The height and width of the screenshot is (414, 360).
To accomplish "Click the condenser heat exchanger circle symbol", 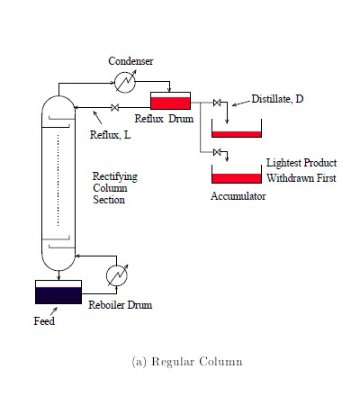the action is point(125,82).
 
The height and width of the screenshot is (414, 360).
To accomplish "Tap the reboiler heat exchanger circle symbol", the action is point(117,275).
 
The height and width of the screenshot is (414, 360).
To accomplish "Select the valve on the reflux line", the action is point(114,107).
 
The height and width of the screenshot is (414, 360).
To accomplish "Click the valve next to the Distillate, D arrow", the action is point(217,103).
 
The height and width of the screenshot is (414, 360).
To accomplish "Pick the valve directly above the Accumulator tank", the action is point(217,152).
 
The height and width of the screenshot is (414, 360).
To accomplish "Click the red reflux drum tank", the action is point(170,101).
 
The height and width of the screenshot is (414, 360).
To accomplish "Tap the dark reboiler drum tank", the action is point(58,292).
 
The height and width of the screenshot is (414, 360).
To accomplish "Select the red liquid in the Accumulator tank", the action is point(237,178).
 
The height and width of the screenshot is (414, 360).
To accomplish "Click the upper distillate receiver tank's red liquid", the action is point(237,134).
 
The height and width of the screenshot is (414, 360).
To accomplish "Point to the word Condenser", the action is point(130,61).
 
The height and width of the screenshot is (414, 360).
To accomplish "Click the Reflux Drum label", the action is point(164,119).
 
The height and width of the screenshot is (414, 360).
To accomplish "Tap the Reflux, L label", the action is point(110,135).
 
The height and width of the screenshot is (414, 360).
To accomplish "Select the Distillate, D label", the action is point(277,99).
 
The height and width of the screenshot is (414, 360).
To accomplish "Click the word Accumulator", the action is point(238,196).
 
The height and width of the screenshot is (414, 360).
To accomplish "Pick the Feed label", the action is point(44,321).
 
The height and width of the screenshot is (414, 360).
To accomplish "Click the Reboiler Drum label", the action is point(120,305).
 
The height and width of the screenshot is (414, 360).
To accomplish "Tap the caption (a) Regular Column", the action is point(187,362).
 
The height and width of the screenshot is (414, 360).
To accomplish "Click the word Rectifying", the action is point(115,176).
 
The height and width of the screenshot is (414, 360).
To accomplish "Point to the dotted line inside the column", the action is point(58,180).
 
